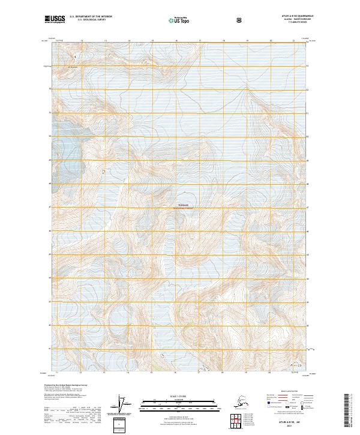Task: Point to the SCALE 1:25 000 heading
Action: (179, 397)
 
